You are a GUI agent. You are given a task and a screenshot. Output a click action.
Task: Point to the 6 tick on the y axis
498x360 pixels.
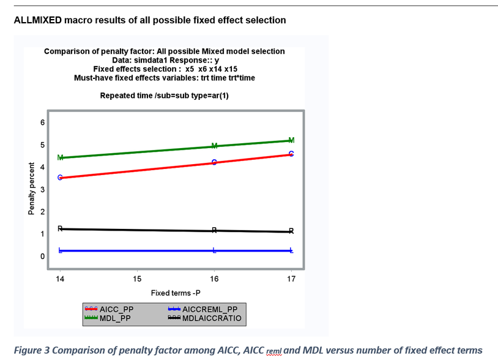(x=42, y=122)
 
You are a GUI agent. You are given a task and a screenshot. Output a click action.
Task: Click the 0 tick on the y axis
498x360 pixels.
(x=42, y=257)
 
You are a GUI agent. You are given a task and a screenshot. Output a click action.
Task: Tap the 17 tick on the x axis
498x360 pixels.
(x=291, y=279)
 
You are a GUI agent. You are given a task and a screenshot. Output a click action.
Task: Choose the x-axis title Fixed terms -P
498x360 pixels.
(x=176, y=293)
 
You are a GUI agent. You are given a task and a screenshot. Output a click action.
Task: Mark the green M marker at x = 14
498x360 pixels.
(x=60, y=158)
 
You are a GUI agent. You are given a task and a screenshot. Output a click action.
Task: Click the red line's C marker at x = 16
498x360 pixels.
(x=214, y=162)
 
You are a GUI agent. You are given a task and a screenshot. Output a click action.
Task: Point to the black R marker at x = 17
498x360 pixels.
(x=291, y=231)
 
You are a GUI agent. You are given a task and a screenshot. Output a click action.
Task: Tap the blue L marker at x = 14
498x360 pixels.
(x=60, y=250)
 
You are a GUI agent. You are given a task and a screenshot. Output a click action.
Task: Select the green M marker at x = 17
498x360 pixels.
(x=291, y=140)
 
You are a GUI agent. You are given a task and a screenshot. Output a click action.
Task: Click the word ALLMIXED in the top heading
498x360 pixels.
(x=37, y=20)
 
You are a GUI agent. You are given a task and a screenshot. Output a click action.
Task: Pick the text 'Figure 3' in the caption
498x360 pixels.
(x=31, y=350)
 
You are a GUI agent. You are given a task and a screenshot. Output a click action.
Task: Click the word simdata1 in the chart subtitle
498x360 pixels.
(x=146, y=61)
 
